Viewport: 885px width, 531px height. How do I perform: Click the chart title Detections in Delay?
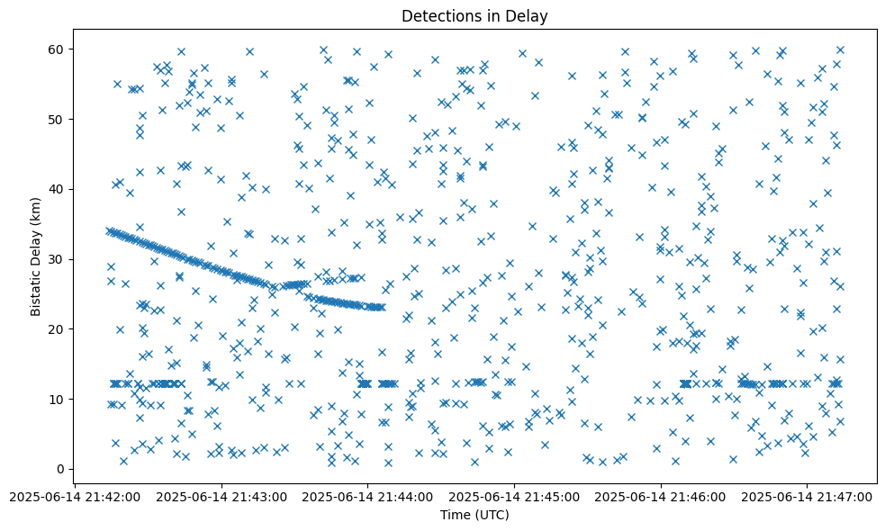click(x=474, y=16)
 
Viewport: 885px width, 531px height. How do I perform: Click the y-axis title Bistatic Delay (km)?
click(x=36, y=256)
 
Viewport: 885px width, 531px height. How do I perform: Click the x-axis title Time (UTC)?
click(x=474, y=515)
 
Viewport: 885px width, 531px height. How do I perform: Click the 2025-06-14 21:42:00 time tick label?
click(x=76, y=496)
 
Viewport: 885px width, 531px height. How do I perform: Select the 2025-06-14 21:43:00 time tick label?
click(x=222, y=496)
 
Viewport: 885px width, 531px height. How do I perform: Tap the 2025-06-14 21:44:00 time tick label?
click(x=368, y=496)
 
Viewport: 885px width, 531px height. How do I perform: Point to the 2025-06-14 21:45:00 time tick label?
click(x=515, y=496)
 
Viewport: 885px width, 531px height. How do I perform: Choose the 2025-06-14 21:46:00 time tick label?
click(x=661, y=496)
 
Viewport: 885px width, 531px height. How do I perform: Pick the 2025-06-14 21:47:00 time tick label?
click(x=808, y=496)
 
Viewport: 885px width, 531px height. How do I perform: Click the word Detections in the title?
click(x=439, y=16)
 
